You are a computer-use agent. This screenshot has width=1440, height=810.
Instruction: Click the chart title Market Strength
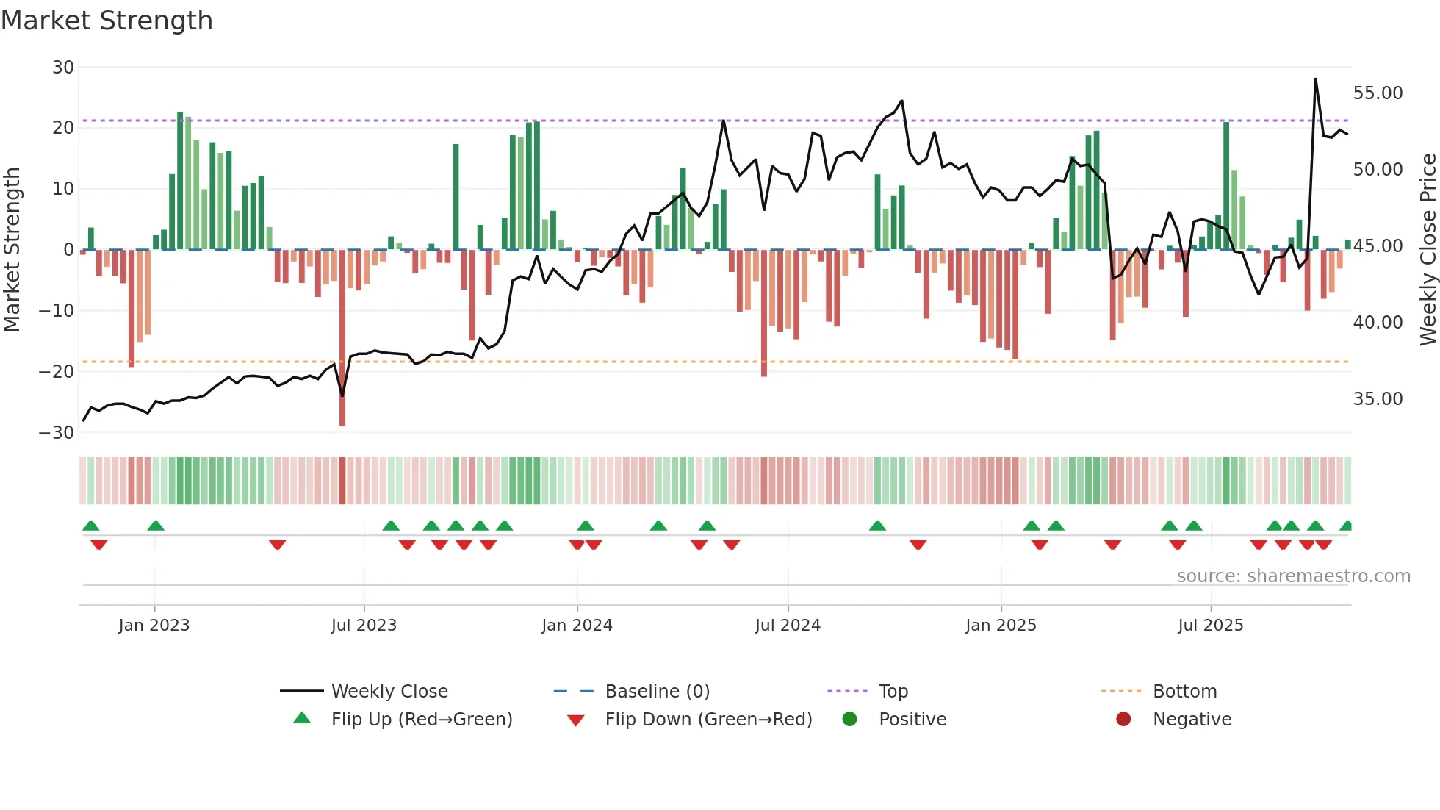tap(107, 21)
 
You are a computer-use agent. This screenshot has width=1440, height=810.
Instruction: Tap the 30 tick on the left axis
tap(63, 68)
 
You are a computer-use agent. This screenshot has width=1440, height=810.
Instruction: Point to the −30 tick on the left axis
tap(57, 432)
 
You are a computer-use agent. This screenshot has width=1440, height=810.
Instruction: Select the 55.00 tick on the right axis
tap(1378, 93)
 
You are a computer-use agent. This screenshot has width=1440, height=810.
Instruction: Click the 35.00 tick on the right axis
tap(1378, 399)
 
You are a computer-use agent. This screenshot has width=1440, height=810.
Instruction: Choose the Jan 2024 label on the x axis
tap(577, 626)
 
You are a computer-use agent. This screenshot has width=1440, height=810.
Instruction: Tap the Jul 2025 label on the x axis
tap(1210, 626)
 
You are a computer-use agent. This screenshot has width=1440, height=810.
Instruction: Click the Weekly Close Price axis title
tap(1428, 249)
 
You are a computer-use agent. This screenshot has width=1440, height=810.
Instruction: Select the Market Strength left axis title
tap(12, 249)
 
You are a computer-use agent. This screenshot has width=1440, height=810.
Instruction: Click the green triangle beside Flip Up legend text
tap(302, 718)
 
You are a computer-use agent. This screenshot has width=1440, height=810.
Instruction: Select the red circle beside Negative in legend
tap(1123, 719)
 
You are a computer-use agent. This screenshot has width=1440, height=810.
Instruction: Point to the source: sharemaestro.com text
tap(1293, 576)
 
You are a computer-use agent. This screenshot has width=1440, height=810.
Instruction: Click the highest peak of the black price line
tap(1315, 79)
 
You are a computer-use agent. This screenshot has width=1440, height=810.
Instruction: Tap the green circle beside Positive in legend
tap(850, 719)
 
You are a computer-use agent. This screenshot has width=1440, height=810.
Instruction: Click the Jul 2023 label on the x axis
tap(364, 626)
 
